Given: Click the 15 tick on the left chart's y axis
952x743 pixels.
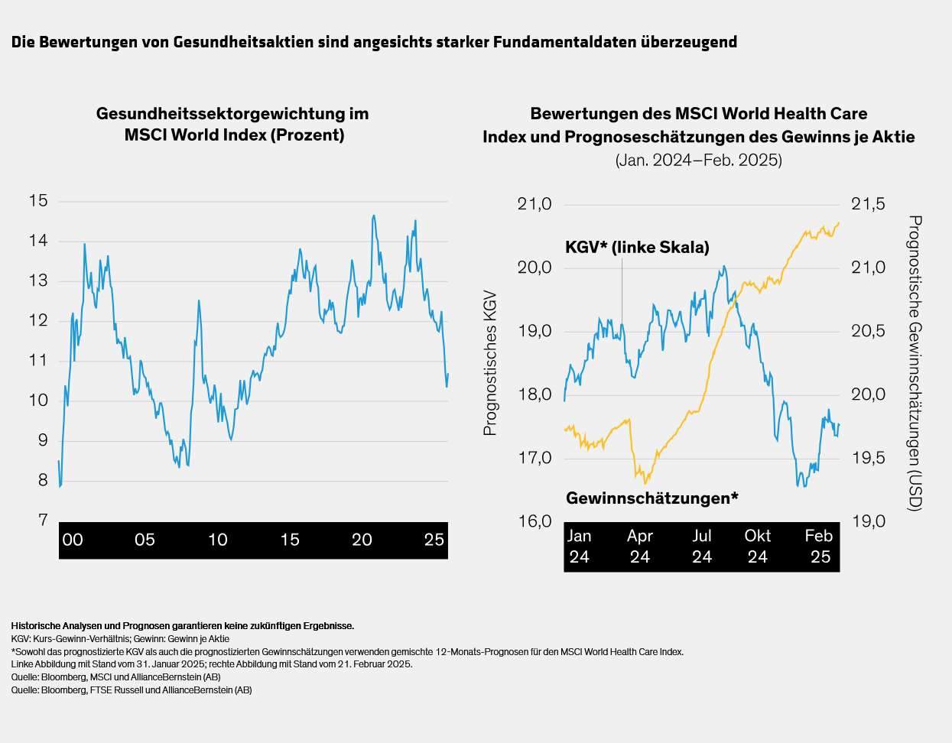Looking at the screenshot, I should point(38,201).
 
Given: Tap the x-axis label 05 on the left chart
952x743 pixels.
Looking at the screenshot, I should point(145,540).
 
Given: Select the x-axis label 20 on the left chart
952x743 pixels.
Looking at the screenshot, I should point(362,540).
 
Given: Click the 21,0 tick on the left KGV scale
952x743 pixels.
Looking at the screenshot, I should point(534,204).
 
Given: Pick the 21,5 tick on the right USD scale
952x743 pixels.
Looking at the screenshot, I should point(868,204).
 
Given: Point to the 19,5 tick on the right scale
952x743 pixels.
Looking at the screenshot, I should point(868,458).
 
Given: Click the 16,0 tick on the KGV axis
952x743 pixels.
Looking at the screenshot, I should point(534,521).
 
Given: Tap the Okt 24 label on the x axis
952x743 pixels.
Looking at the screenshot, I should point(757,546).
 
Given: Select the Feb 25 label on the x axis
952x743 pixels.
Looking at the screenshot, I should point(819,546).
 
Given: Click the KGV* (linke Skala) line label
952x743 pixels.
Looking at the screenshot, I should point(637,247).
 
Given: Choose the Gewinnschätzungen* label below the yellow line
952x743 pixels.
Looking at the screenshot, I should point(651,498).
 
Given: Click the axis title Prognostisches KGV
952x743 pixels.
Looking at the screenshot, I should point(490,363).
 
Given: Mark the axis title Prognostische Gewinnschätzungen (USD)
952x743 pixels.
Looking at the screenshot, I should point(915,363).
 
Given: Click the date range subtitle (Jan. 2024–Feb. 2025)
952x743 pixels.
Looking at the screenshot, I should point(698,161).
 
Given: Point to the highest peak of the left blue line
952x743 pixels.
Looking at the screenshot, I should point(373,216).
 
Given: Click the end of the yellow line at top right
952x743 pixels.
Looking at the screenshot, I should point(839,223).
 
